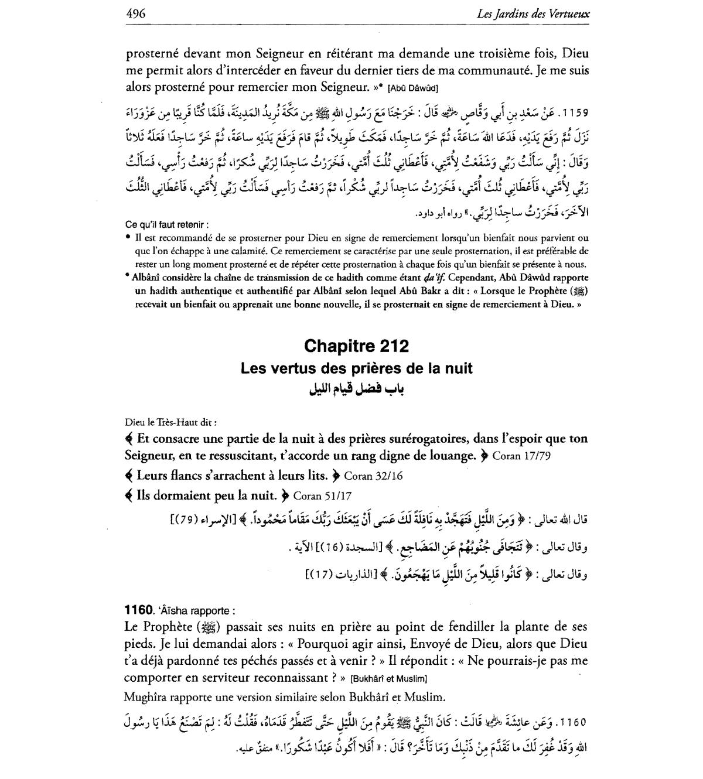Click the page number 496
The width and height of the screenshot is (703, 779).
tap(135, 13)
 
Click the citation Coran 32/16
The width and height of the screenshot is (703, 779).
tap(373, 476)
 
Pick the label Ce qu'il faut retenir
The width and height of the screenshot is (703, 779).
tap(167, 224)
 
